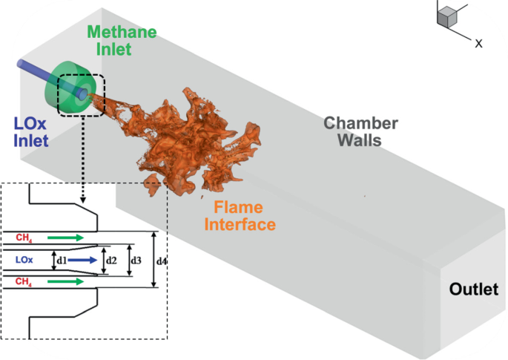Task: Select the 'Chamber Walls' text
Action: coord(361,132)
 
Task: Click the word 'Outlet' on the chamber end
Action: coord(473,289)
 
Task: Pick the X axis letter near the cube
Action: coord(479,44)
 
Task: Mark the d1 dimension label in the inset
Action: coord(62,261)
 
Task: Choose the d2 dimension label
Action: coord(111,261)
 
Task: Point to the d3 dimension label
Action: coord(134,261)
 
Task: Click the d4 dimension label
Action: coord(162,261)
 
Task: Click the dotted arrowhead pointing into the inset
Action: coord(83,200)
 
